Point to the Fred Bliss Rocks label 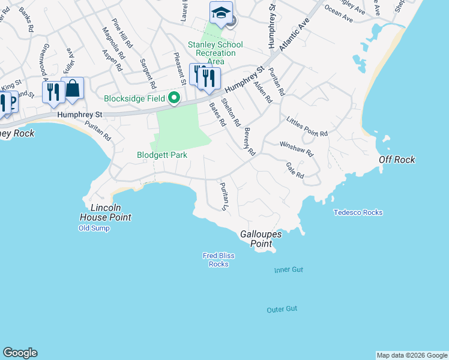[218, 260]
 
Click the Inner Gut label [289, 270]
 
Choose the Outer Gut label [282, 309]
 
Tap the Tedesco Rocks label [358, 212]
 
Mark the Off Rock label [397, 160]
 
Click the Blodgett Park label [161, 155]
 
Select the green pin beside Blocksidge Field [175, 98]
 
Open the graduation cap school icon [221, 13]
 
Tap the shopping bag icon [73, 89]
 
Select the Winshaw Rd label [297, 149]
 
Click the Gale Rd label [295, 170]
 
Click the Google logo [20, 353]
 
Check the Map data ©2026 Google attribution [412, 355]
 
